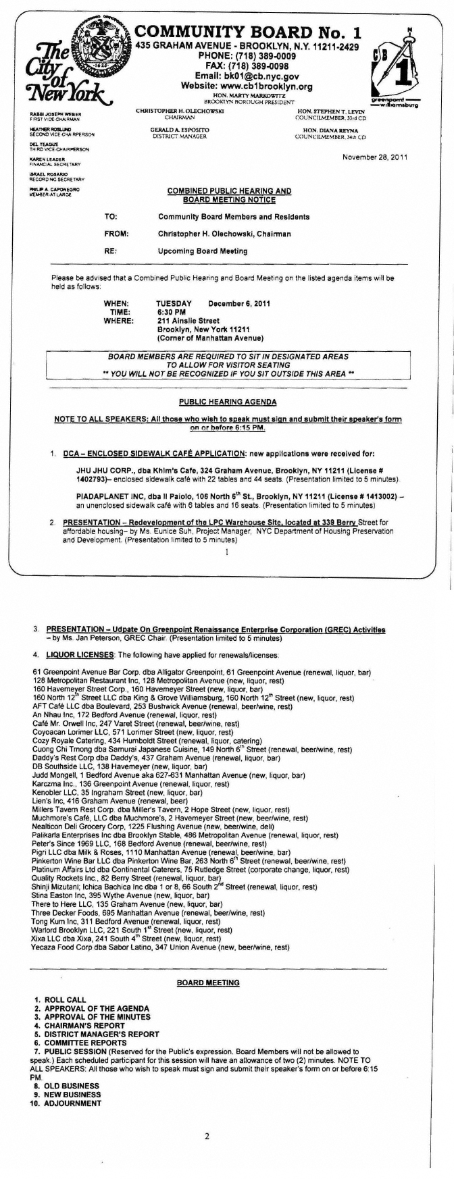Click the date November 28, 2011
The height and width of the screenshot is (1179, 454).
coord(379,157)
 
